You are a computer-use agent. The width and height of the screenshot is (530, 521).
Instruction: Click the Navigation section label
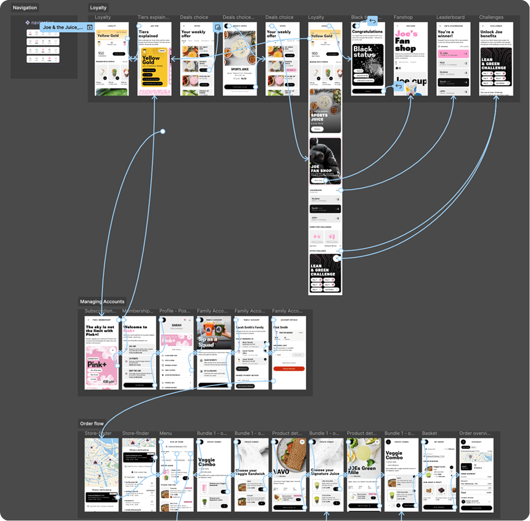[25, 8]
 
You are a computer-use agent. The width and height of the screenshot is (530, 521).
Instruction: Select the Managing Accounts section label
[102, 301]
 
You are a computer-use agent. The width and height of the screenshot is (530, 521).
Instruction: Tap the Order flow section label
[92, 424]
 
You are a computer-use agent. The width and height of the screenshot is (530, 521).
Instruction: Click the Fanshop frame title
[403, 17]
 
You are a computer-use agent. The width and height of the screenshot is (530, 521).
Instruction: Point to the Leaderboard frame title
[450, 17]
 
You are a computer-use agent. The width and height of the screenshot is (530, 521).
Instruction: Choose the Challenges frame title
[491, 17]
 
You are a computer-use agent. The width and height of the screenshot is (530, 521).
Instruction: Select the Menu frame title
[166, 433]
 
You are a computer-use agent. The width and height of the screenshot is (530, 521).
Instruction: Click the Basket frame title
[429, 433]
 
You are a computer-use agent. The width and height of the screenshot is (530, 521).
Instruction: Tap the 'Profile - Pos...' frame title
[175, 311]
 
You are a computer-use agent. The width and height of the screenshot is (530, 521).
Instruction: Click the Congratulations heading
[367, 32]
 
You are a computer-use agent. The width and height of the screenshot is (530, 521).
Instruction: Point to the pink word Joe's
[406, 34]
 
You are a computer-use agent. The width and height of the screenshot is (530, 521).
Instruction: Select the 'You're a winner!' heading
[445, 34]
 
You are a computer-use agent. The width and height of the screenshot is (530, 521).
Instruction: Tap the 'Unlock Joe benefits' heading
[491, 34]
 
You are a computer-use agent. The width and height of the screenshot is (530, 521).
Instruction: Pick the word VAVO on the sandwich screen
[281, 471]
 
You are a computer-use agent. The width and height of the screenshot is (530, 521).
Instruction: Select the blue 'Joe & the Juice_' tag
[63, 27]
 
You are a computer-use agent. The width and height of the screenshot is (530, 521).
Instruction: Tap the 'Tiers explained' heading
[148, 34]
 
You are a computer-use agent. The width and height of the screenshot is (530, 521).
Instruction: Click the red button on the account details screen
[289, 369]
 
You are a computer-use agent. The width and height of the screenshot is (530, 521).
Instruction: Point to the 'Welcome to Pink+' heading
[135, 329]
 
